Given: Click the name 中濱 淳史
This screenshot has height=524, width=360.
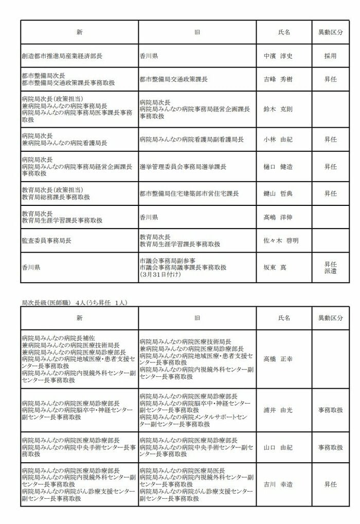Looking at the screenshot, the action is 278,56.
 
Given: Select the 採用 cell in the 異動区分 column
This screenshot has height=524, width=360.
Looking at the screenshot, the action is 330,56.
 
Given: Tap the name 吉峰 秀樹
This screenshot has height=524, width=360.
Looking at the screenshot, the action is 278,80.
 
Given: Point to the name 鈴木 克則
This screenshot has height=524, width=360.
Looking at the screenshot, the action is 278,110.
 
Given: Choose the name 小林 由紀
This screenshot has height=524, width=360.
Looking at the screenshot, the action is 278,139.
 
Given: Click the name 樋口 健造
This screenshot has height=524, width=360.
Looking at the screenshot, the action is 278,167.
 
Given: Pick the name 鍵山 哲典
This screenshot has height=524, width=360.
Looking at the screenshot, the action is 278,194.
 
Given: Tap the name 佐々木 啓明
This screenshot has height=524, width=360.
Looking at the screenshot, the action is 281,240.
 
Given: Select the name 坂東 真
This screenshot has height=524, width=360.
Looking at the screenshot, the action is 275,267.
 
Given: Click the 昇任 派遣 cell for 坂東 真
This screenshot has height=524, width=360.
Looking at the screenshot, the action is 330,267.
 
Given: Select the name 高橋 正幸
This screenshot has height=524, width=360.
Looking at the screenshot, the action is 278,359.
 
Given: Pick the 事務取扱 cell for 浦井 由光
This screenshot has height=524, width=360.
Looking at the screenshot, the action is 330,411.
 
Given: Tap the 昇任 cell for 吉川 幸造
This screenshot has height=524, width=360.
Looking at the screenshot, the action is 330,484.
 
